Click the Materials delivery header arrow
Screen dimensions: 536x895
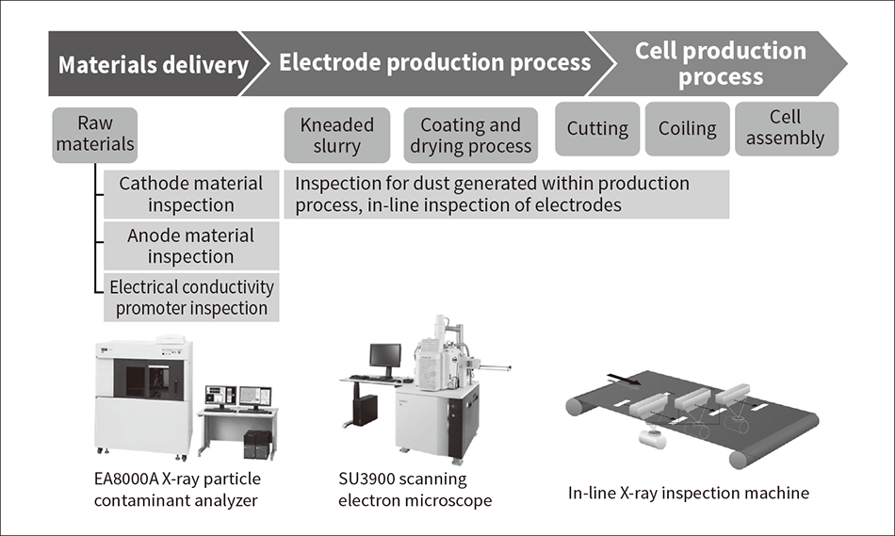pyautogui.click(x=151, y=64)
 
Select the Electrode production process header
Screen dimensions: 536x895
pyautogui.click(x=433, y=63)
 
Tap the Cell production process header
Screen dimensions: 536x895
pyautogui.click(x=721, y=63)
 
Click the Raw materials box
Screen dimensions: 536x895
pyautogui.click(x=95, y=134)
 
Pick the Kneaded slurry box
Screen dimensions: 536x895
pyautogui.click(x=336, y=135)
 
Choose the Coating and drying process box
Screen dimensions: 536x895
pyautogui.click(x=470, y=136)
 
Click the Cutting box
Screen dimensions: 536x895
pyautogui.click(x=597, y=129)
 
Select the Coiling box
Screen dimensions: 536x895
pyautogui.click(x=687, y=129)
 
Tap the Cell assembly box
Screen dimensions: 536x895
pyautogui.click(x=785, y=128)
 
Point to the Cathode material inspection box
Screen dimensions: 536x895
pyautogui.click(x=191, y=193)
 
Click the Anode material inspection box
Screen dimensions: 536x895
pyautogui.click(x=191, y=245)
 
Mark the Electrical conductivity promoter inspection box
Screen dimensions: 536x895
pyautogui.click(x=191, y=297)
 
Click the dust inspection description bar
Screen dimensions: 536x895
pyautogui.click(x=506, y=193)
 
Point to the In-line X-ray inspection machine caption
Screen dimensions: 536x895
pyautogui.click(x=689, y=492)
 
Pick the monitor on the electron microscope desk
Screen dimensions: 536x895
pyautogui.click(x=384, y=356)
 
